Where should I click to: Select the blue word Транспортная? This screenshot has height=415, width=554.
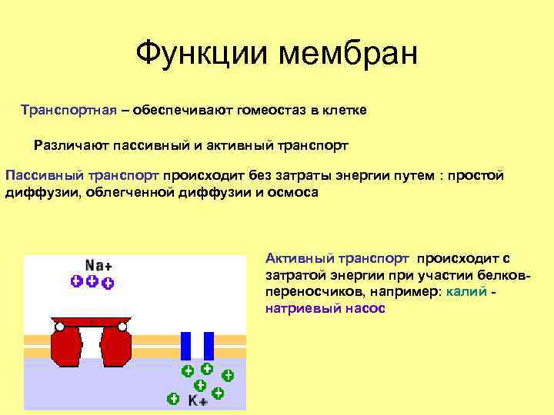[x=68, y=110]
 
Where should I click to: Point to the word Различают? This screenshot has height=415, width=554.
[x=71, y=144]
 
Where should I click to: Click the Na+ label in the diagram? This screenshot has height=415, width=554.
[x=97, y=265]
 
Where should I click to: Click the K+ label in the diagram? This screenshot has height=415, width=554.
[x=197, y=401]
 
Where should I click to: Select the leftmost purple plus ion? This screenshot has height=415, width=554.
[x=76, y=281]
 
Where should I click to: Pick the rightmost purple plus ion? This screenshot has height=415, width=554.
[x=108, y=284]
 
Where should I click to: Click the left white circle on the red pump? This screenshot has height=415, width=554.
[x=59, y=327]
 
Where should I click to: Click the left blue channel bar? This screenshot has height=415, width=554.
[x=185, y=346]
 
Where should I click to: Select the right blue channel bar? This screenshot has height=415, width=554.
[x=208, y=346]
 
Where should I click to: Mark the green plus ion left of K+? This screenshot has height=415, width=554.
[x=173, y=399]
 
